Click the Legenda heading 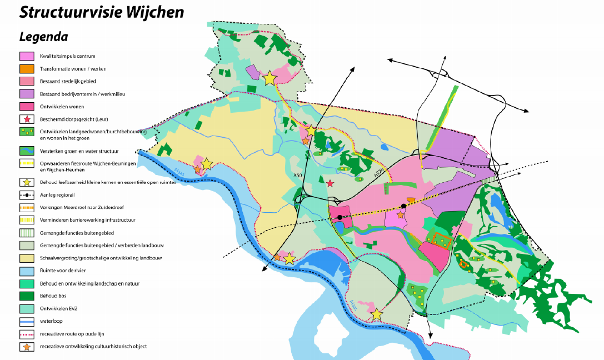(43, 37)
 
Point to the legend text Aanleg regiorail (57, 196)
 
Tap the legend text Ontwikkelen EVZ (58, 309)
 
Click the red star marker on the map (330, 183)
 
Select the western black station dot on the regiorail (340, 217)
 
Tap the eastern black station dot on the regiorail (404, 206)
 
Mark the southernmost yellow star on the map (377, 314)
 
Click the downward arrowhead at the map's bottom (430, 336)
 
